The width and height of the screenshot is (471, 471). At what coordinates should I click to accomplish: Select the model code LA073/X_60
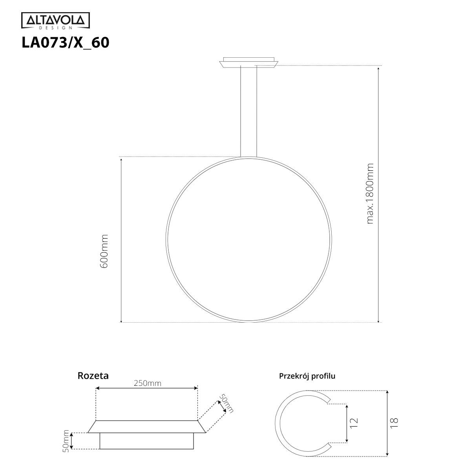pyautogui.click(x=65, y=42)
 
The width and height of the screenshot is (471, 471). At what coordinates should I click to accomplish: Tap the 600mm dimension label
pyautogui.click(x=104, y=251)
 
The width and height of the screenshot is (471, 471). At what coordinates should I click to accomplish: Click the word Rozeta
pyautogui.click(x=93, y=376)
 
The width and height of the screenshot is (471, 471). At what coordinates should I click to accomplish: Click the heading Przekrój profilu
pyautogui.click(x=307, y=376)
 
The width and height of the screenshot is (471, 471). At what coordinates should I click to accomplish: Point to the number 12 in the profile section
pyautogui.click(x=354, y=422)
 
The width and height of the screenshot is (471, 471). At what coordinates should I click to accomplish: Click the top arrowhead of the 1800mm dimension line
pyautogui.click(x=378, y=69)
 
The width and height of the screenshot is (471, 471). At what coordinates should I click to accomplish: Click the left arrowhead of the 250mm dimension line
pyautogui.click(x=98, y=388)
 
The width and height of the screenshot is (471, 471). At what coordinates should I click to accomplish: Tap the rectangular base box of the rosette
pyautogui.click(x=146, y=441)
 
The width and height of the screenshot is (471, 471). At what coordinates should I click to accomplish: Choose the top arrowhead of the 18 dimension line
pyautogui.click(x=387, y=393)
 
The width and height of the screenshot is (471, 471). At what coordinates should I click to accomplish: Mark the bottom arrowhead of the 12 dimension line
pyautogui.click(x=347, y=440)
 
